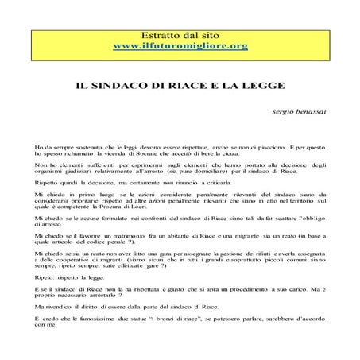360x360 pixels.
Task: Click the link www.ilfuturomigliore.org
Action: click(181, 46)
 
